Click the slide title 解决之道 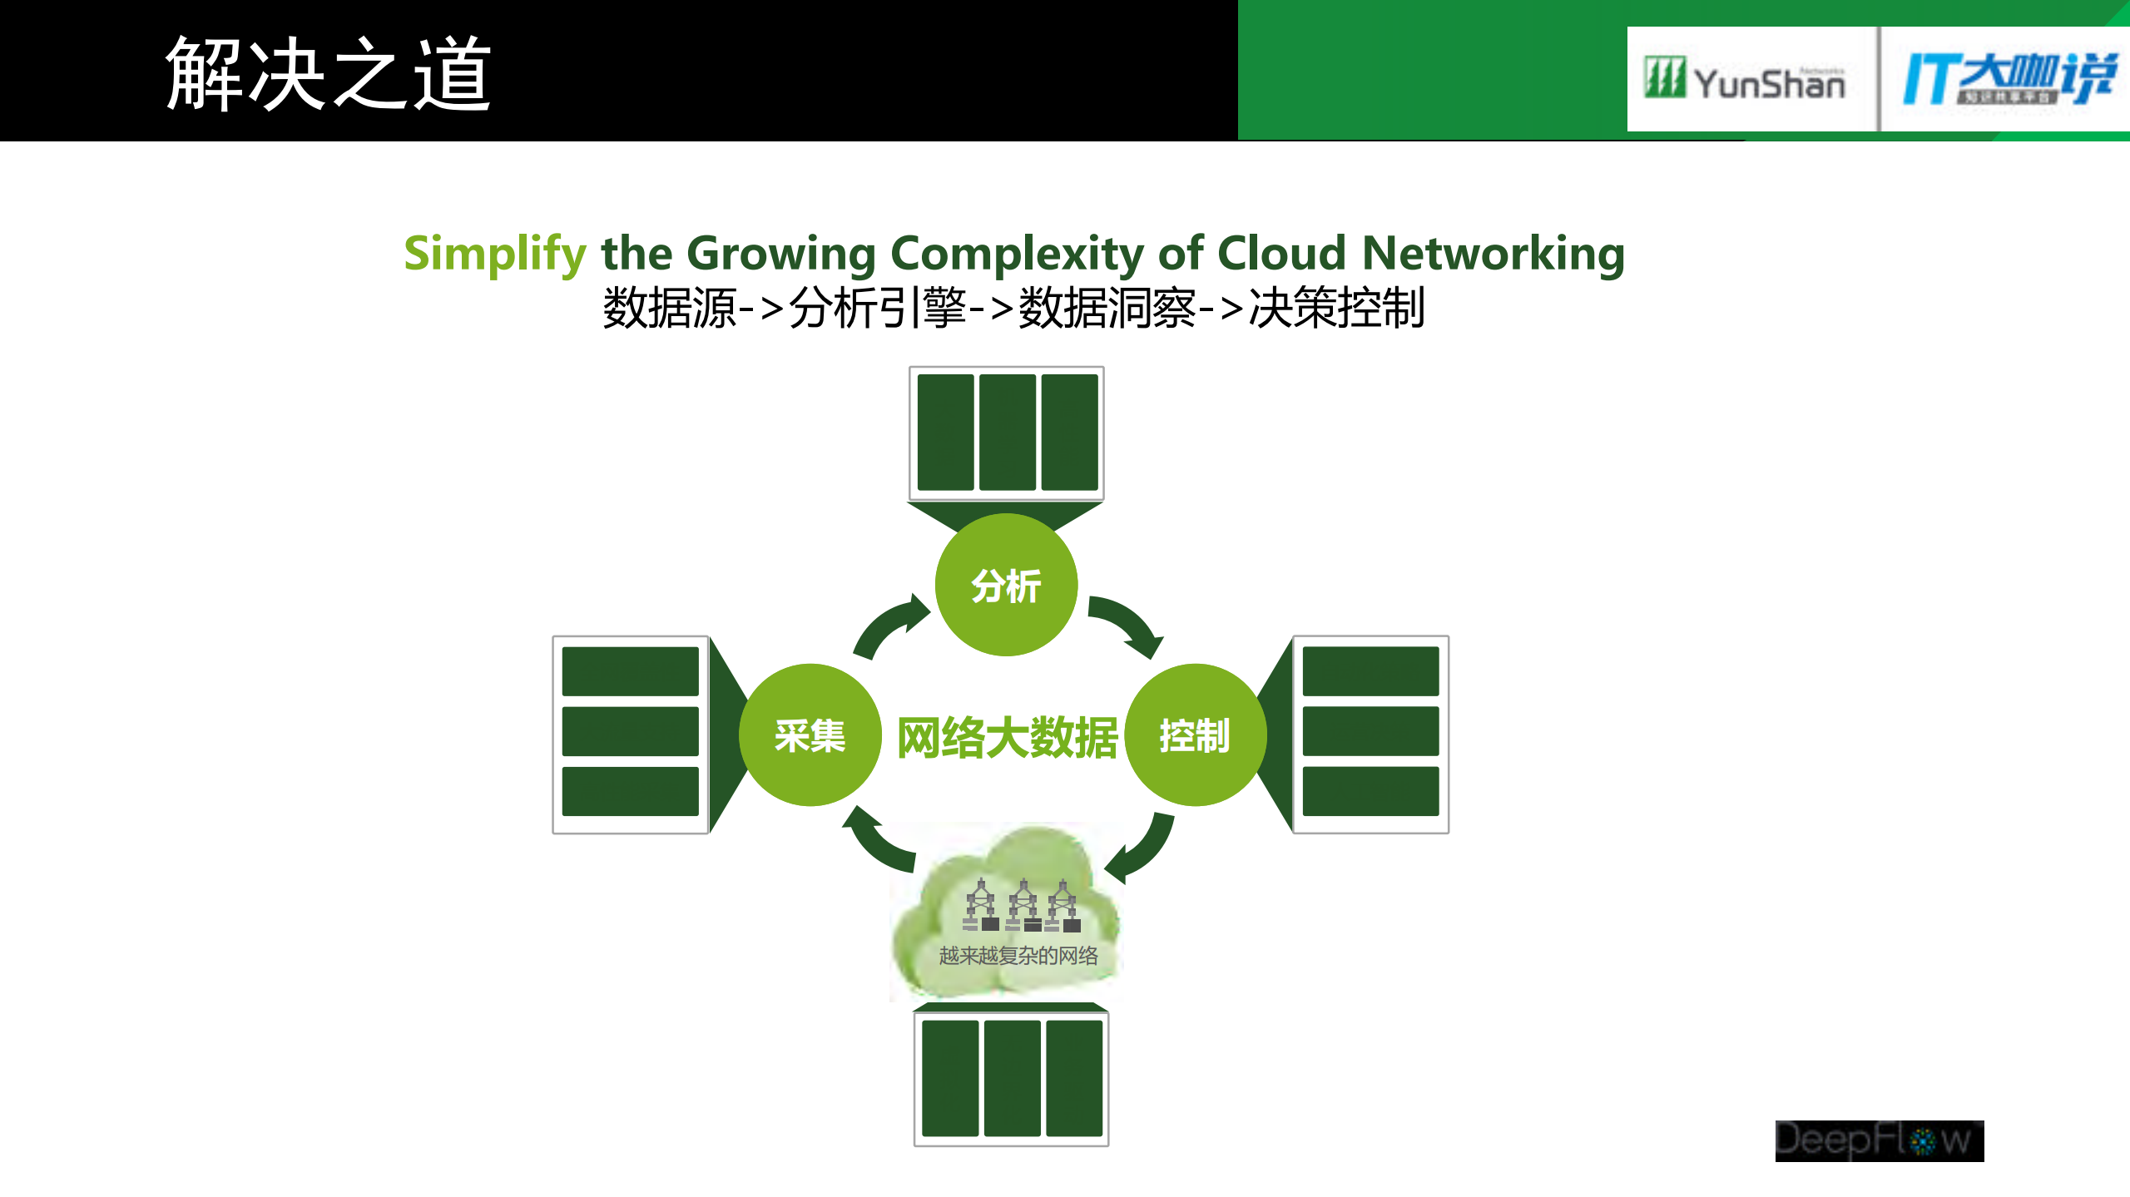328,75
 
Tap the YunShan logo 1746,80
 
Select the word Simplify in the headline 495,254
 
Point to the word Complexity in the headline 1017,254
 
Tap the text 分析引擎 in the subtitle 877,309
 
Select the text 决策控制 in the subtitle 1336,309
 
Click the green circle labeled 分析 1006,585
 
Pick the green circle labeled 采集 810,735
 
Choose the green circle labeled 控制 1195,735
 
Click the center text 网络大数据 1007,738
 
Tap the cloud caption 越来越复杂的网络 1018,956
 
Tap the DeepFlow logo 1879,1140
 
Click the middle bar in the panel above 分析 1007,433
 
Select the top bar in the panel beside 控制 1370,671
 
